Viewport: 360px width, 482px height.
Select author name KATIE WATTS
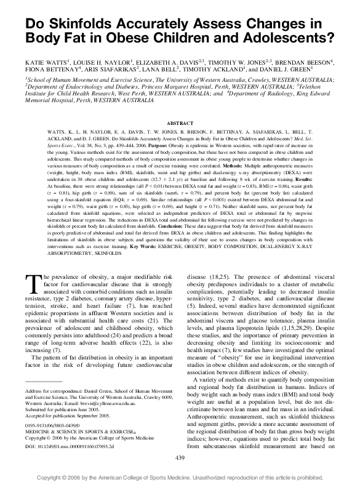tap(47, 63)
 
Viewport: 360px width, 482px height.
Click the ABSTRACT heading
tap(180, 124)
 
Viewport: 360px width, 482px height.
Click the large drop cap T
tap(31, 284)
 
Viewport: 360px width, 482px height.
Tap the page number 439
tap(180, 458)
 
